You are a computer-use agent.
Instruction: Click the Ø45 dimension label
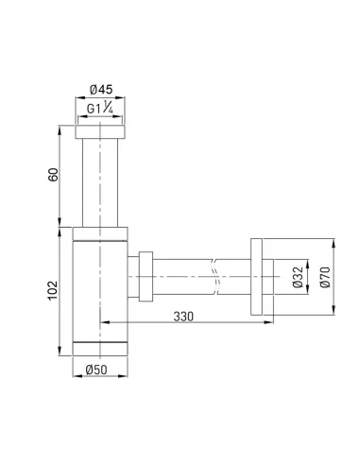[x=100, y=91]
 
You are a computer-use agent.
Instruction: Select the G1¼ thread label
[x=100, y=109]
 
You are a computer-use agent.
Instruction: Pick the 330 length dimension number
[x=183, y=316]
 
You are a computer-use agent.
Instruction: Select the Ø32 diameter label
[x=297, y=276]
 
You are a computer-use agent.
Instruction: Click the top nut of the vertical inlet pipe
[x=100, y=131]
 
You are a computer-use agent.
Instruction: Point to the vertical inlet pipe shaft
[x=100, y=180]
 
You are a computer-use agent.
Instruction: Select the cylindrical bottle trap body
[x=100, y=284]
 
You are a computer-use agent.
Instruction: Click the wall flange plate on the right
[x=258, y=276]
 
